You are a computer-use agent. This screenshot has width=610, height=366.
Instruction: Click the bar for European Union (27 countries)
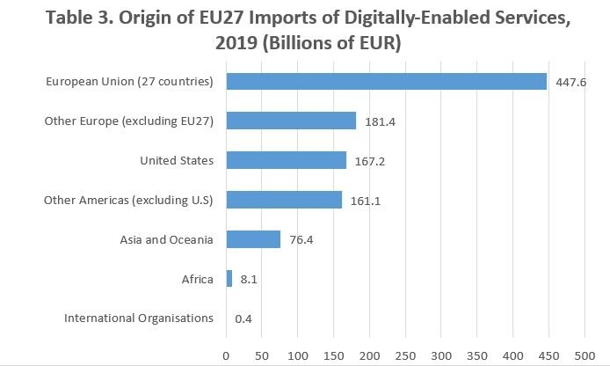point(386,81)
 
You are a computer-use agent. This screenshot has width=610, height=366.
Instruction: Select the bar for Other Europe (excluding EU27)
point(291,121)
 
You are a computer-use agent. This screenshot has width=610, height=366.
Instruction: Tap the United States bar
point(286,160)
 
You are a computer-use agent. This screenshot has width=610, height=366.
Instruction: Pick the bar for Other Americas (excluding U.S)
point(284,200)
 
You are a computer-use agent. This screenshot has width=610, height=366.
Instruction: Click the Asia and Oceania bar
point(253,239)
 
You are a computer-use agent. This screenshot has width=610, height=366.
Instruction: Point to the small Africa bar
point(229,279)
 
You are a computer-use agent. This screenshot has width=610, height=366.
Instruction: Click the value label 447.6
point(570,82)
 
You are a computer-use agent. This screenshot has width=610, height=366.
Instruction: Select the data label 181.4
point(380,121)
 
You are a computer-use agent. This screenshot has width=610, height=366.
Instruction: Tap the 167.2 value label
point(369,161)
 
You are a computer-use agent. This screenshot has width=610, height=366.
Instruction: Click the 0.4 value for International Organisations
point(243,318)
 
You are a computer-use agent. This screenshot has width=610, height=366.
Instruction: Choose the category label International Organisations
point(139,318)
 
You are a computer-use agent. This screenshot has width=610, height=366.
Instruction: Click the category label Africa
point(198,279)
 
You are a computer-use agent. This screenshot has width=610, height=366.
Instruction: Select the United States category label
point(177,160)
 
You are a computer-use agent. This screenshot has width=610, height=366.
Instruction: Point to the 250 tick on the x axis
point(405,355)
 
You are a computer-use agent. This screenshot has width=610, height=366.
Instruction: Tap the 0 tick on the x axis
point(226,355)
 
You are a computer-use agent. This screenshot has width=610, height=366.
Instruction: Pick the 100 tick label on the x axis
point(298,355)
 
